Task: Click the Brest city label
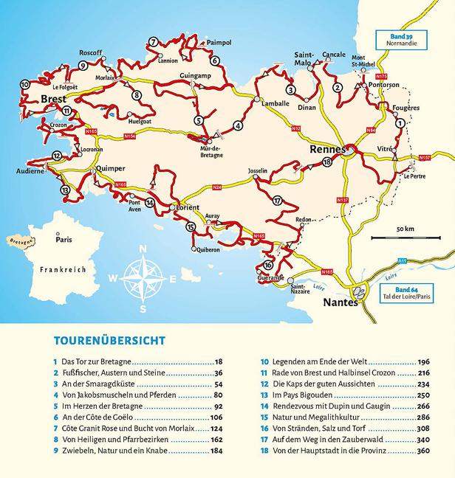pos(54,98)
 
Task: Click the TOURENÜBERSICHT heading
pos(109,341)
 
